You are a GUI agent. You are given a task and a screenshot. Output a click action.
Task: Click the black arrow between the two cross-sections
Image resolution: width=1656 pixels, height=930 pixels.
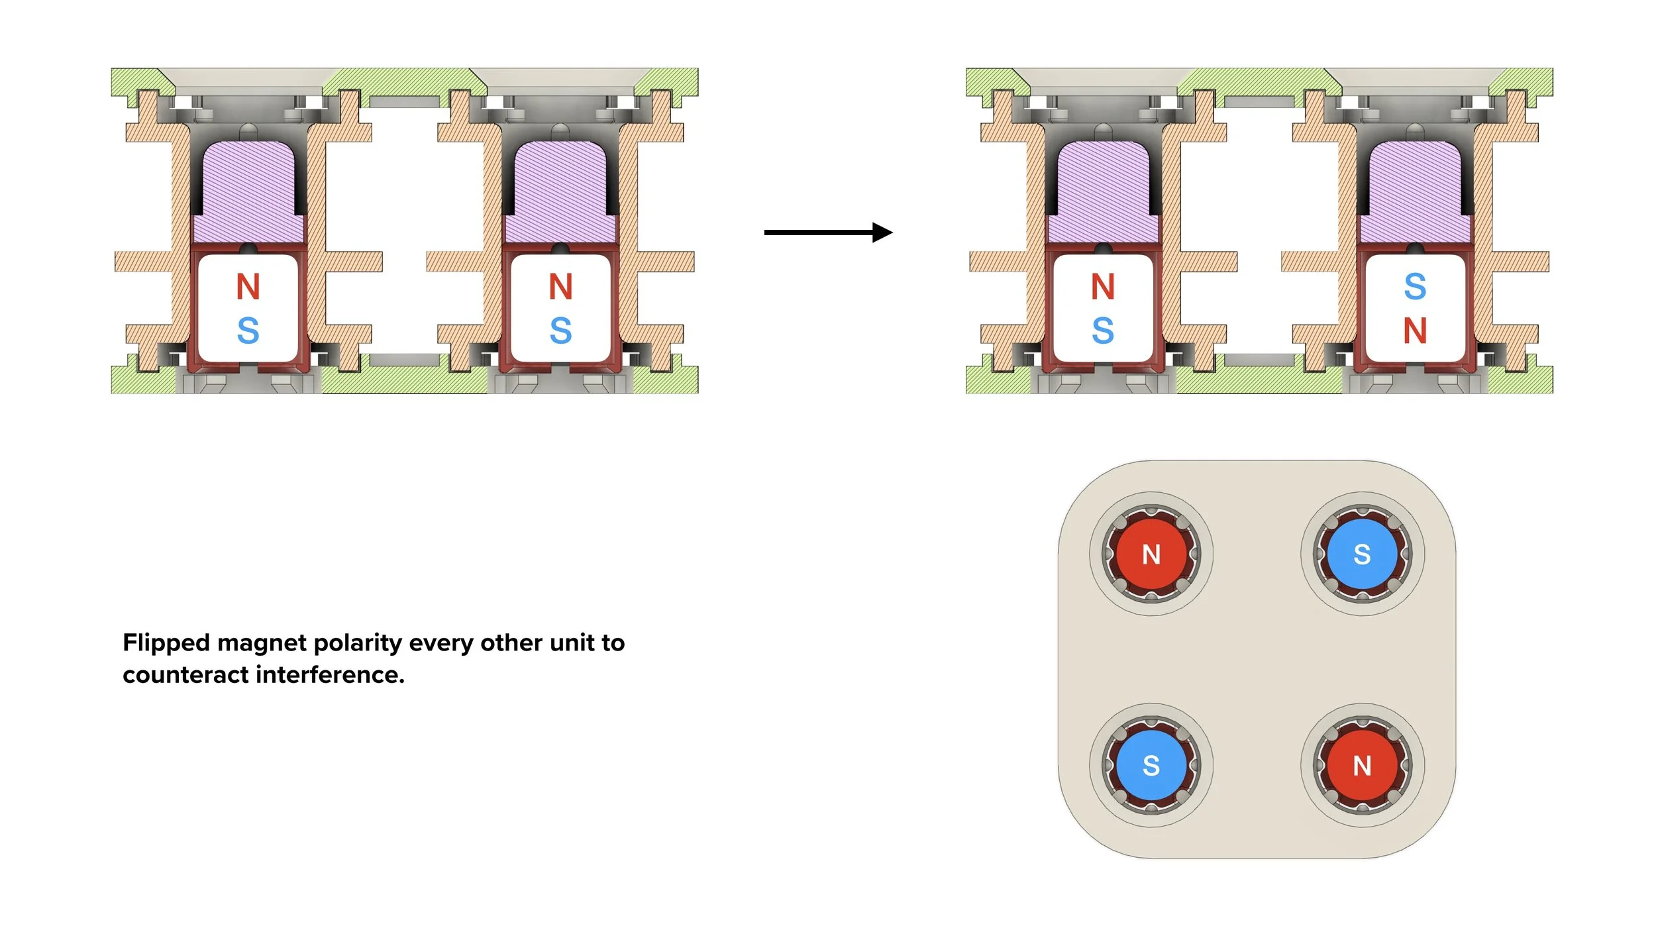pyautogui.click(x=829, y=232)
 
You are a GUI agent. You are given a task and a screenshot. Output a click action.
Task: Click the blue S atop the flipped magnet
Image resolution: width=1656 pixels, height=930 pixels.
pyautogui.click(x=1415, y=287)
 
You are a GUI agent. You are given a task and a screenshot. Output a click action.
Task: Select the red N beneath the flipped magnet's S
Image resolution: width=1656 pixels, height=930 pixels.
pyautogui.click(x=1415, y=331)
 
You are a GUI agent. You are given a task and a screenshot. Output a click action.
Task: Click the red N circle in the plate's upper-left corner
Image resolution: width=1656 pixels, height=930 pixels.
pyautogui.click(x=1151, y=554)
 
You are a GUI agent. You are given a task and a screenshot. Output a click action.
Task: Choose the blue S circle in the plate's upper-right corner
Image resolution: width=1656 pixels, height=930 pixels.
pyautogui.click(x=1362, y=554)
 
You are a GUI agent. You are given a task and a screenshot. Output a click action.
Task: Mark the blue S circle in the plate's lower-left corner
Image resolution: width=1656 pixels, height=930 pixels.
pyautogui.click(x=1151, y=765)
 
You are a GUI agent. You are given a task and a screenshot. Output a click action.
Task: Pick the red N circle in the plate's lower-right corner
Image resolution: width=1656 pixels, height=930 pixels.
pyautogui.click(x=1362, y=765)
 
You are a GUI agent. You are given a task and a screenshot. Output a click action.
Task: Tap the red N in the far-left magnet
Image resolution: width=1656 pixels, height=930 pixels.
pyautogui.click(x=248, y=287)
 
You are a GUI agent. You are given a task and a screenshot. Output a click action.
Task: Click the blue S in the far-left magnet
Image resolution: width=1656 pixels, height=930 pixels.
pyautogui.click(x=248, y=331)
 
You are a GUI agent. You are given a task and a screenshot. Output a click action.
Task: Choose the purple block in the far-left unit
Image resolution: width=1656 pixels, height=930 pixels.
pyautogui.click(x=248, y=192)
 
